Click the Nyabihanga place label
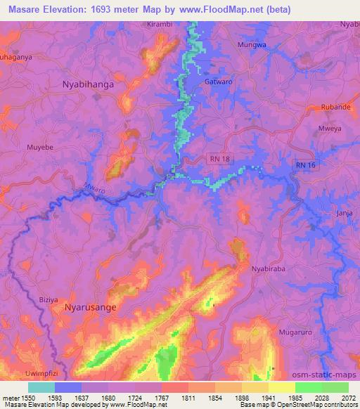83,83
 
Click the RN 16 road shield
306,164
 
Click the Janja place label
345,212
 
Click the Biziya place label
49,299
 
